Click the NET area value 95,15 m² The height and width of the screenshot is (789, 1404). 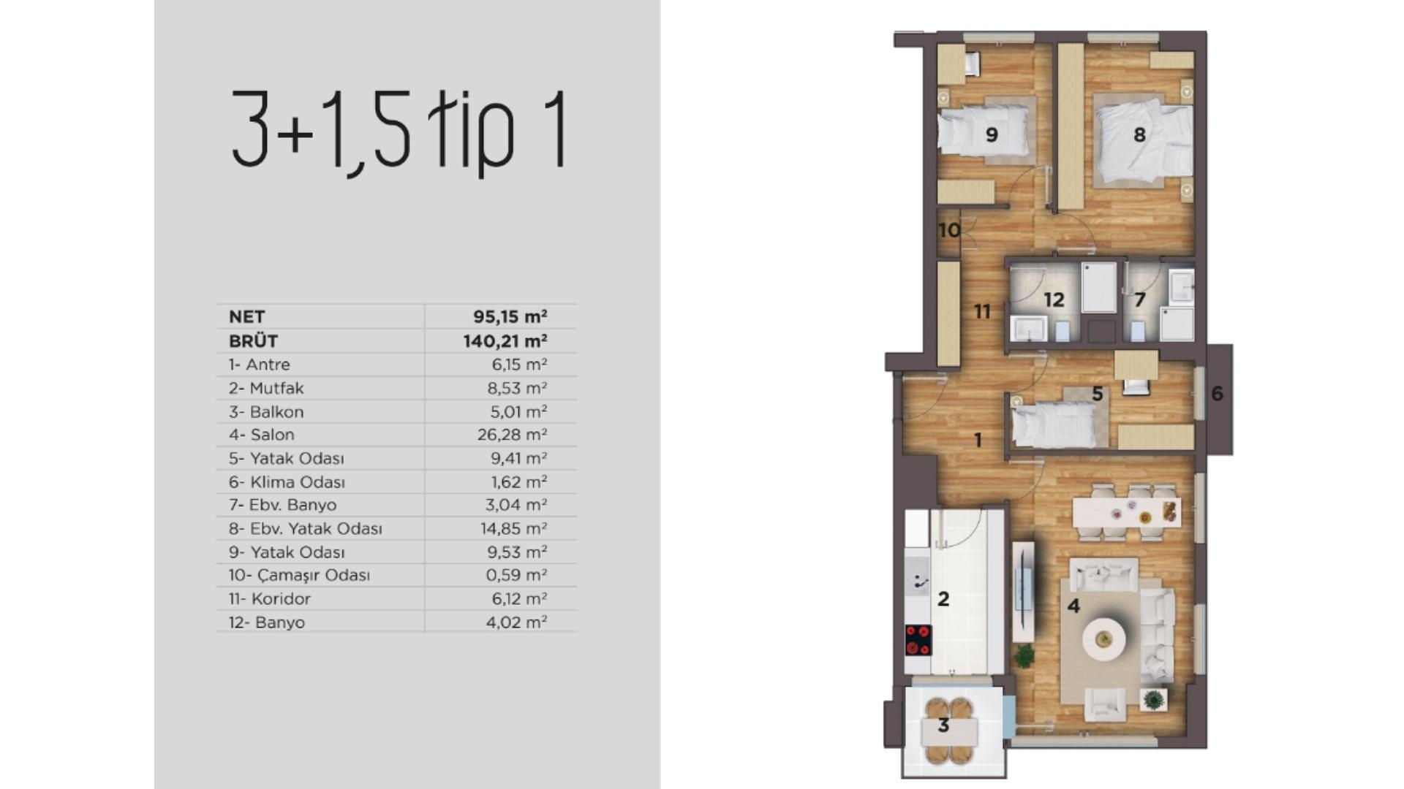[510, 316]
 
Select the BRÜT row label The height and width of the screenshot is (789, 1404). [253, 340]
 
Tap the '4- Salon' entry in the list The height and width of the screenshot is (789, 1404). [261, 435]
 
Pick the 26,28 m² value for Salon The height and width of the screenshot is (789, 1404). [512, 435]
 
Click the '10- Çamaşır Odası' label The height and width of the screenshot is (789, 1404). [298, 575]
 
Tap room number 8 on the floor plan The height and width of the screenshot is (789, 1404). [1139, 134]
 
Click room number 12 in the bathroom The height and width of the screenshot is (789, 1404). [1054, 300]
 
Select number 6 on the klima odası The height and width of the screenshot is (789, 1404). [1217, 394]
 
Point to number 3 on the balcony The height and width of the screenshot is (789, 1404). [943, 725]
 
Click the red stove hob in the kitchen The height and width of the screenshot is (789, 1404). [918, 640]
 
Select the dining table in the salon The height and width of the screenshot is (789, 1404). [1125, 511]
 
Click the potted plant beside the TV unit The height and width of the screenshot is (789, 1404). [1024, 655]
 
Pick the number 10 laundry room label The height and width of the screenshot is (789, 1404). [948, 230]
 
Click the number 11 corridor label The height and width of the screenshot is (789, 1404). [982, 312]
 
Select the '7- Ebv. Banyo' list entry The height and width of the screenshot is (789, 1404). [282, 505]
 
